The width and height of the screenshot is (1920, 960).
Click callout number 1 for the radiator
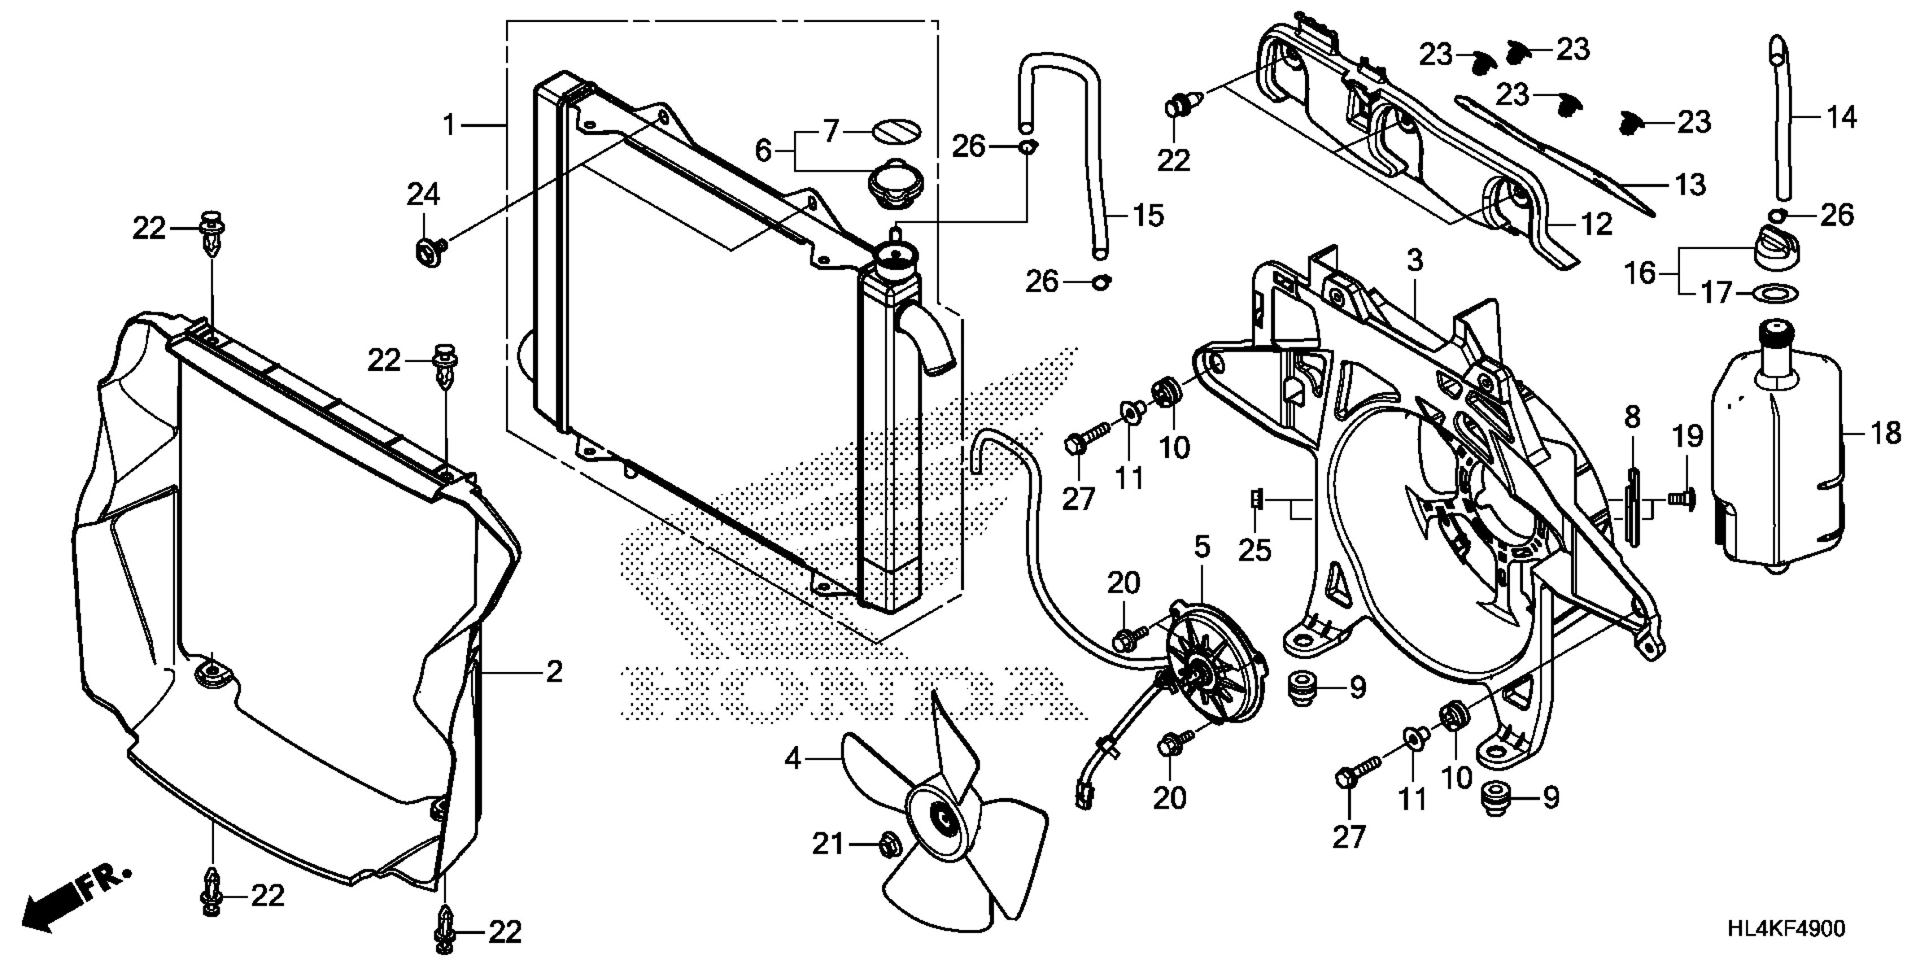click(449, 125)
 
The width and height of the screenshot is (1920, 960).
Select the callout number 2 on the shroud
click(554, 673)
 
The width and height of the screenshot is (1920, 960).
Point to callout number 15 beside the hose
click(1148, 216)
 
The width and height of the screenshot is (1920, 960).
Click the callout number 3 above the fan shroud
click(1415, 261)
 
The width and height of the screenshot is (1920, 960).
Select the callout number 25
click(1254, 550)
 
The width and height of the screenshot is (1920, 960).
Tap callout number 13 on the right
click(1690, 184)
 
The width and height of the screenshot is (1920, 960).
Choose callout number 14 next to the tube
click(1841, 117)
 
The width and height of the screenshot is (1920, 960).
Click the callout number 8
click(1633, 417)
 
